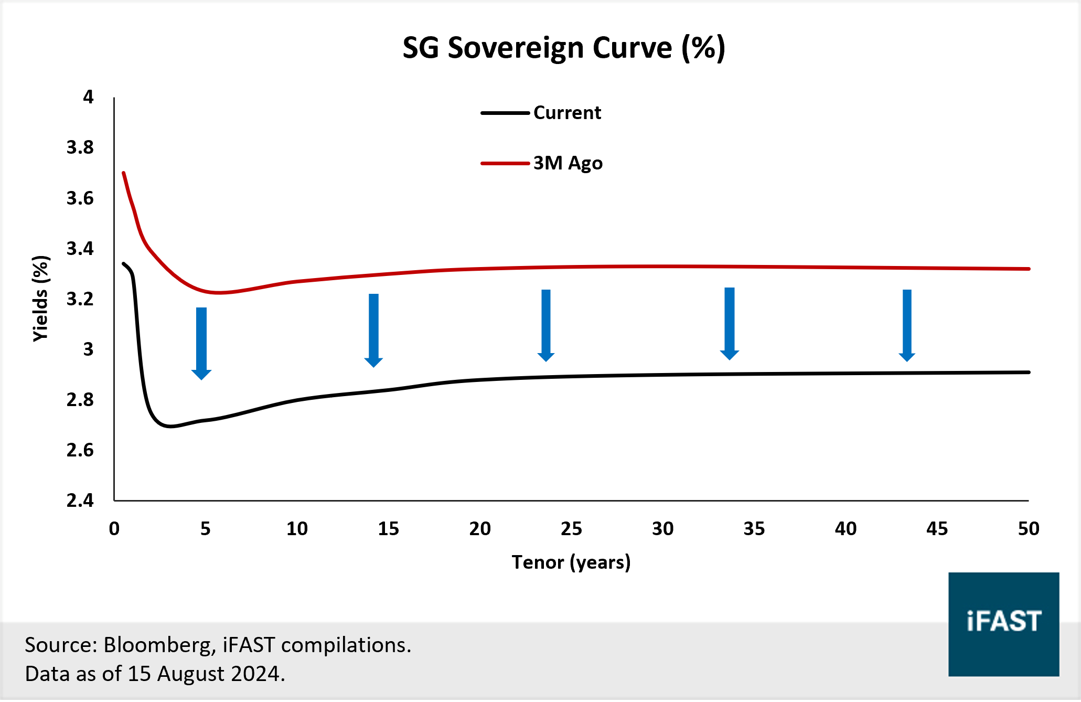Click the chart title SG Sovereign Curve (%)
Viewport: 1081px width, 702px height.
coord(563,48)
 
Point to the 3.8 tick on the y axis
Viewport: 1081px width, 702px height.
coord(80,147)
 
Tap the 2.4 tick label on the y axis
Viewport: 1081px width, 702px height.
coord(80,501)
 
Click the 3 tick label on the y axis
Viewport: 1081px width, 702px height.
coord(88,349)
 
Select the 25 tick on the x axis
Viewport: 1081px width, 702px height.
coord(571,528)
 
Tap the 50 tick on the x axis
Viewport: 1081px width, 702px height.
coord(1028,528)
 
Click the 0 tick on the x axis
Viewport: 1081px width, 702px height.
coord(114,528)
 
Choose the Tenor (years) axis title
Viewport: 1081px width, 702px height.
coord(571,562)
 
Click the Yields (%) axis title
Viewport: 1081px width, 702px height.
coord(41,299)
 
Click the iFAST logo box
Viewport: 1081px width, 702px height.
coord(1003,624)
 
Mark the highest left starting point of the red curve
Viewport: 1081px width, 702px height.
coord(124,173)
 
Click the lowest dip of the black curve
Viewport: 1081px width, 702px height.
coord(170,426)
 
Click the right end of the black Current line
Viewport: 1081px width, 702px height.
coord(1029,372)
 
